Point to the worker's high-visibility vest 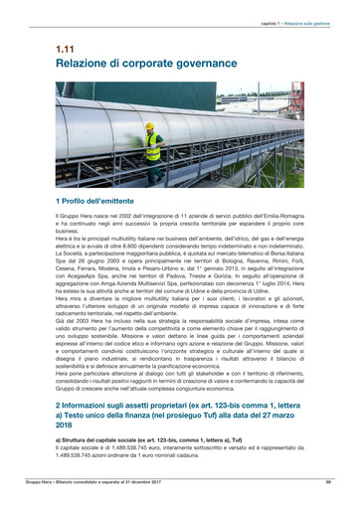click(x=153, y=144)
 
